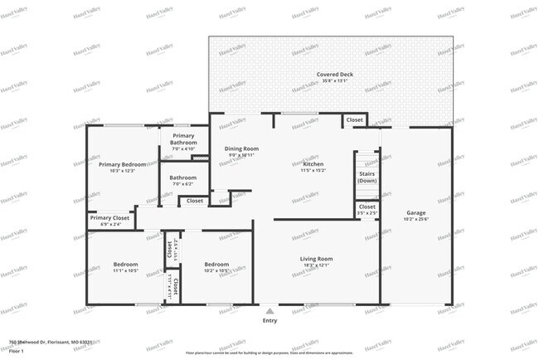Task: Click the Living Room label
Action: coord(316,259)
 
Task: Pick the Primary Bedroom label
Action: coord(122,164)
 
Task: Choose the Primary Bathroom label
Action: coord(183,139)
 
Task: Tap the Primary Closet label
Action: coord(105,218)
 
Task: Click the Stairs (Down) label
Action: coord(367,177)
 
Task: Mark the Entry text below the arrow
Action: coord(269,320)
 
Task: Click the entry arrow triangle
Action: coord(269,311)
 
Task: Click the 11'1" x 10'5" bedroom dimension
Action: coord(126,271)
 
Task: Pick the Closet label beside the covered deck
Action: coord(354,120)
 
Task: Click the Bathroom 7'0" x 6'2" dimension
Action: coord(183,184)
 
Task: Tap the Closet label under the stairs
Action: coord(367,207)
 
